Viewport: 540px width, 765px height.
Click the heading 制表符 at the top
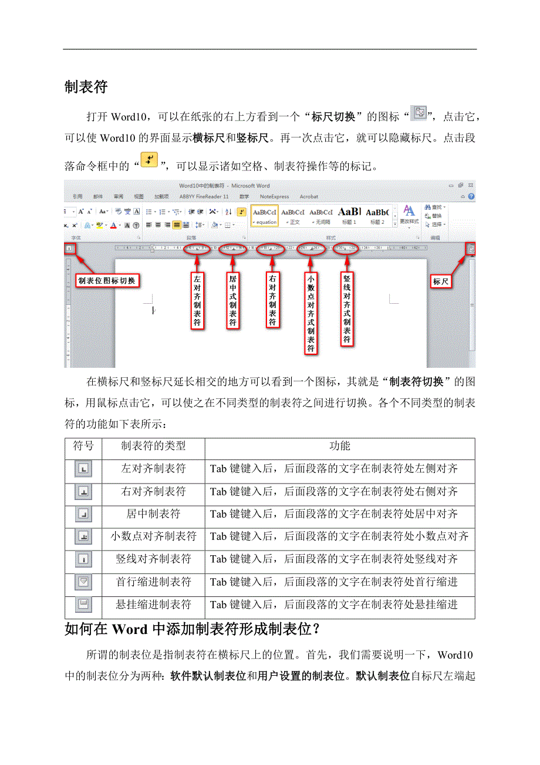coord(86,88)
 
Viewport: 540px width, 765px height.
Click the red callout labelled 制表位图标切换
coord(106,281)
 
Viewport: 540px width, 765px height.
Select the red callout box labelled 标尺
coord(441,281)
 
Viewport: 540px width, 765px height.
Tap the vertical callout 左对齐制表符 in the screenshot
coord(197,300)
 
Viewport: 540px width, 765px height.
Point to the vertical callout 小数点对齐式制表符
coord(310,314)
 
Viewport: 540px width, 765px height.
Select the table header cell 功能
coord(340,446)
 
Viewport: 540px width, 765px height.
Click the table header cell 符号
coord(83,446)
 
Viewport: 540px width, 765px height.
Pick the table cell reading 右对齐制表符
coord(153,491)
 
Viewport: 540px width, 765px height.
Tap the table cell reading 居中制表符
coord(153,514)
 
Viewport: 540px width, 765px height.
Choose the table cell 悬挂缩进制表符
coord(153,604)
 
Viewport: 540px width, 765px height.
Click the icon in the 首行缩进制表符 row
coord(83,582)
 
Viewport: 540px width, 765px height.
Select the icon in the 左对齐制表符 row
coord(83,469)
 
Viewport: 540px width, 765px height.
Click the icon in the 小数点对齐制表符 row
coord(83,536)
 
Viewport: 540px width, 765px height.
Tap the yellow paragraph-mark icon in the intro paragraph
coord(150,160)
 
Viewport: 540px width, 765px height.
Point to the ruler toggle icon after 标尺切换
coord(419,112)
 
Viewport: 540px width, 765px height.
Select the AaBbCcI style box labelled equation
coord(264,216)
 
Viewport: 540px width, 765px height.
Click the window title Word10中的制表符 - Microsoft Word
coord(224,186)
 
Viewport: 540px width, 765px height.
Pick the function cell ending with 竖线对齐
coord(334,559)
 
